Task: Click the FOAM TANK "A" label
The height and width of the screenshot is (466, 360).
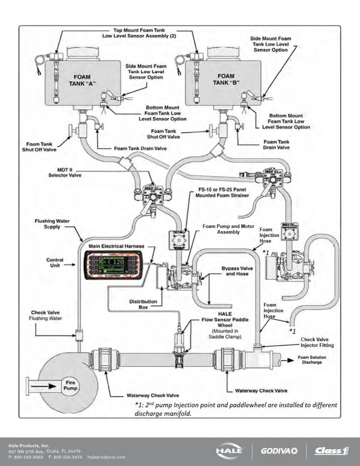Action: [82, 80]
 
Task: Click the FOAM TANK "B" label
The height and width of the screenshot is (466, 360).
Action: [226, 79]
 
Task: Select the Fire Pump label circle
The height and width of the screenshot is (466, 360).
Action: [70, 385]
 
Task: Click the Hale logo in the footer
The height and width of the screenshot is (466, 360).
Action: [230, 451]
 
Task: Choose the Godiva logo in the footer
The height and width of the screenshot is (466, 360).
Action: [279, 451]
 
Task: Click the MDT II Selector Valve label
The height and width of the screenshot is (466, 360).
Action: [65, 172]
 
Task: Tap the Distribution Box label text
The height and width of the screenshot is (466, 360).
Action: [143, 304]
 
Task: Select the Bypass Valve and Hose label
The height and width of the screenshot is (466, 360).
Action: [237, 271]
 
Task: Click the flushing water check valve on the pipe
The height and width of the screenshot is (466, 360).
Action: [79, 335]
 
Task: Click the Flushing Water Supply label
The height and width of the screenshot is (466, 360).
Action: [52, 224]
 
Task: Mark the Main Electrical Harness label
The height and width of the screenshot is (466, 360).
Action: [116, 246]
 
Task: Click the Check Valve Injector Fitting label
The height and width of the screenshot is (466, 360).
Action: [317, 342]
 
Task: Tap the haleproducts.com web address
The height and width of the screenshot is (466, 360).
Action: [106, 457]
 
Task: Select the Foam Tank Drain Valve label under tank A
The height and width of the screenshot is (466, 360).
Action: [140, 149]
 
